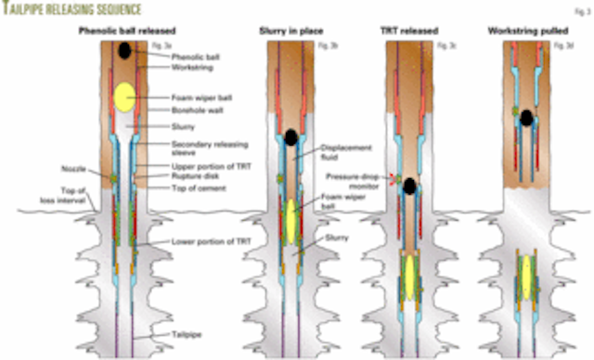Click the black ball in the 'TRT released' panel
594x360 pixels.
(408, 186)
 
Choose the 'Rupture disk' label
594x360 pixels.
(193, 175)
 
